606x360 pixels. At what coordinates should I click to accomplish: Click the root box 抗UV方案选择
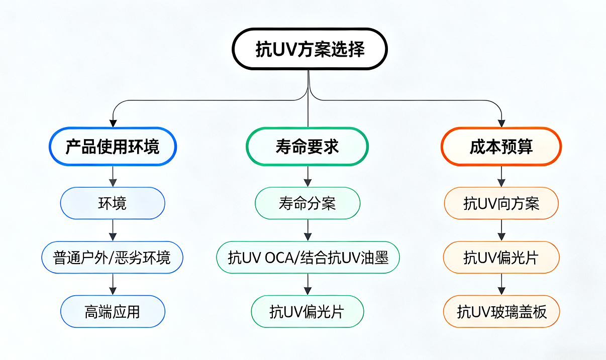click(309, 49)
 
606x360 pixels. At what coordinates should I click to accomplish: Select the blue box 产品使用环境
click(113, 146)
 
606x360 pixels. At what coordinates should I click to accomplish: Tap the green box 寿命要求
click(307, 146)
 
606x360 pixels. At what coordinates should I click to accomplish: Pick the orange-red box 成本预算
click(501, 146)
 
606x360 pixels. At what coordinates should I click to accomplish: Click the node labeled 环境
click(113, 203)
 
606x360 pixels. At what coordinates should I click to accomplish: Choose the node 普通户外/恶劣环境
click(112, 258)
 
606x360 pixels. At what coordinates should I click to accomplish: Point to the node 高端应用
click(113, 312)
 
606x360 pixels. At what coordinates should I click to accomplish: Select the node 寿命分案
click(308, 203)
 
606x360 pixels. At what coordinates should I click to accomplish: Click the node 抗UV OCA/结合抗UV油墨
click(308, 258)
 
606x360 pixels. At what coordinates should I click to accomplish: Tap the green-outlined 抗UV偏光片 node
click(307, 312)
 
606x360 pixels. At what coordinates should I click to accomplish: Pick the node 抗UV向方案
click(501, 203)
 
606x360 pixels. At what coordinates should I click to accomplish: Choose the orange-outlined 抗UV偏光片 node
click(501, 258)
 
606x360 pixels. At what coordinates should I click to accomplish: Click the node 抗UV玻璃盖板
click(501, 312)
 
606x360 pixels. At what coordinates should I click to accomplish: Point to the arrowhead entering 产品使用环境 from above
click(113, 123)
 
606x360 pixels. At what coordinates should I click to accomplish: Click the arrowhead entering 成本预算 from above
click(501, 123)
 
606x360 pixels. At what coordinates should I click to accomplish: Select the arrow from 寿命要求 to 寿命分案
click(308, 176)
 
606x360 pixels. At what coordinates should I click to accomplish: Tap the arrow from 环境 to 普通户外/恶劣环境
click(113, 230)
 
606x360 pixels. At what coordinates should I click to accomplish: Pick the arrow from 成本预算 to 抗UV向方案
click(501, 176)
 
